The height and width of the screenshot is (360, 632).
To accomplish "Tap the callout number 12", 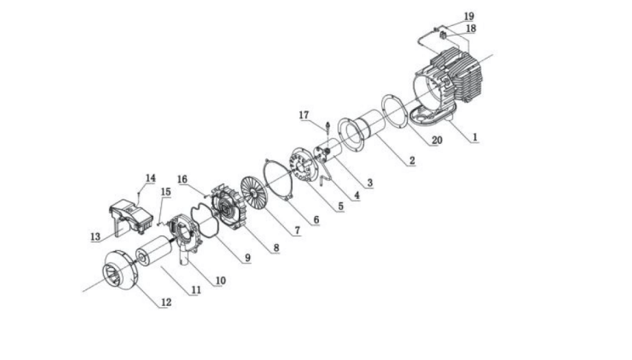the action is coord(167,303).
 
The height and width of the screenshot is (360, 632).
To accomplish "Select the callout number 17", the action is coord(303,114).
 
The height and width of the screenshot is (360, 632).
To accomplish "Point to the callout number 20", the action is coord(436,140).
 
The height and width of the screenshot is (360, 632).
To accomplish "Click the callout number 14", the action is coord(151,178).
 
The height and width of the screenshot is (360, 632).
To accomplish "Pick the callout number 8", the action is coord(275,247).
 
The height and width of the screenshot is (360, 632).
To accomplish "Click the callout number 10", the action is coord(220,281).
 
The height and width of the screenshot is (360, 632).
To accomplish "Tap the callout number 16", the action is coord(182,179).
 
